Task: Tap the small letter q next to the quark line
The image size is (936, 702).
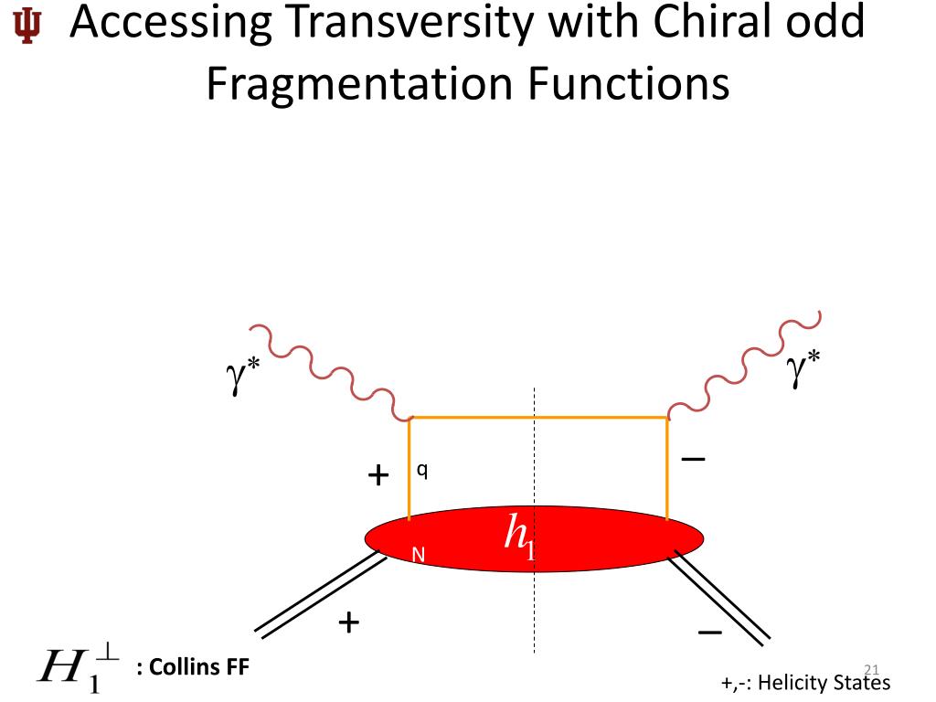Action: tap(422, 470)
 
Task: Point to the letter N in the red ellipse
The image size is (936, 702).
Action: tap(418, 554)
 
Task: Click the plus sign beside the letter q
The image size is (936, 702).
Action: tap(378, 474)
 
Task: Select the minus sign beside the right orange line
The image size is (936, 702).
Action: tap(693, 459)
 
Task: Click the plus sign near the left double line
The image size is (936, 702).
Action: tap(348, 622)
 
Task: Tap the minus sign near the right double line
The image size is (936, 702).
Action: tap(710, 633)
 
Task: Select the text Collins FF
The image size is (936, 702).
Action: tap(192, 666)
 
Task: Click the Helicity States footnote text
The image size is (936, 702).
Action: tap(804, 683)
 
